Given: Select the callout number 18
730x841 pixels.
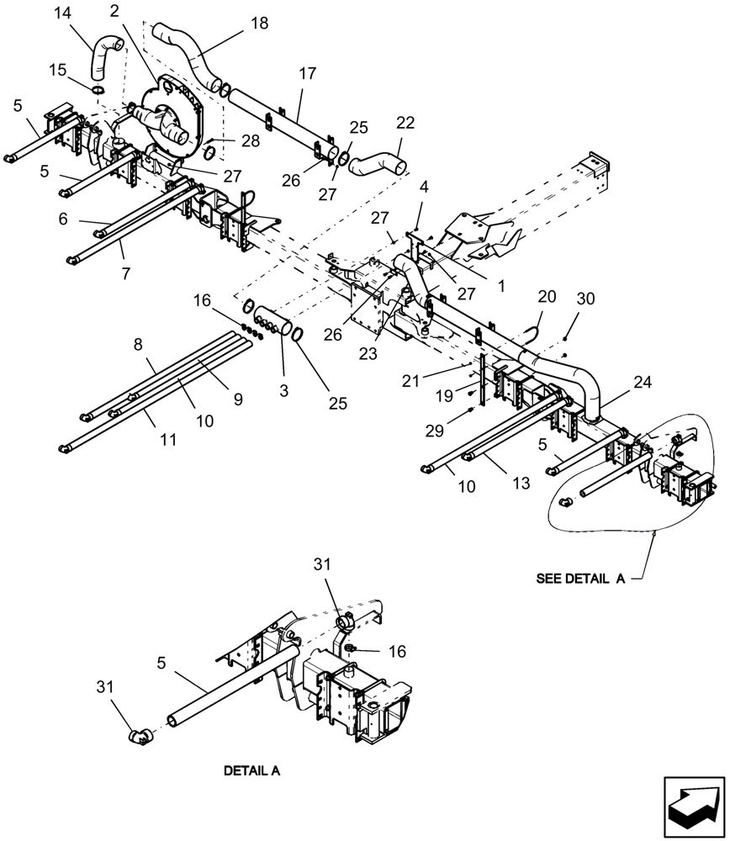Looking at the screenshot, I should tap(259, 23).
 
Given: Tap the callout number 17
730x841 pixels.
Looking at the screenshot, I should tap(307, 75).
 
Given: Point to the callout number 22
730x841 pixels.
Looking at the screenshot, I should tap(405, 123).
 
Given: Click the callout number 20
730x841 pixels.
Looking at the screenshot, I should tap(547, 297).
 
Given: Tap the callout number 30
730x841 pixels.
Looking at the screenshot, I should tap(586, 299).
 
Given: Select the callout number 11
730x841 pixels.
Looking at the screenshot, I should tap(169, 439).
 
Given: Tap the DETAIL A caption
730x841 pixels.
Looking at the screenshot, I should tap(251, 770).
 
